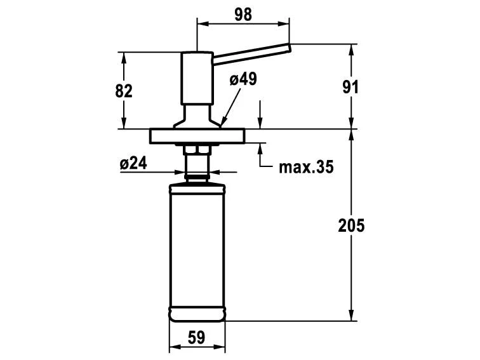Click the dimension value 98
243,15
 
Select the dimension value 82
124,91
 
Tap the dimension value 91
350,87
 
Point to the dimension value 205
351,225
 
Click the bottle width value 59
196,337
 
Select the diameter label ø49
243,79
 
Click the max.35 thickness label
306,167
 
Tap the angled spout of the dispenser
251,54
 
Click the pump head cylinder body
197,78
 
